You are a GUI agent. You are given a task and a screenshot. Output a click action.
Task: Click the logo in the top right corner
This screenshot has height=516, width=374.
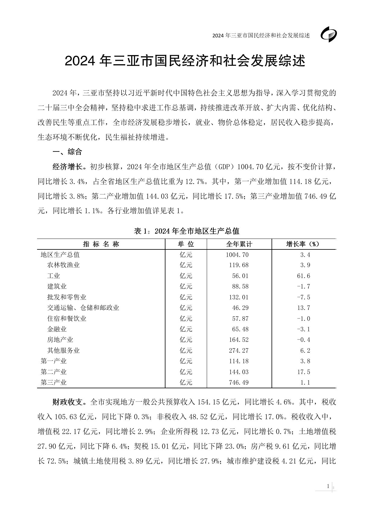328,35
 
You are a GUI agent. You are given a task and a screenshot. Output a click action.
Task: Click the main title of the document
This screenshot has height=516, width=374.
185,61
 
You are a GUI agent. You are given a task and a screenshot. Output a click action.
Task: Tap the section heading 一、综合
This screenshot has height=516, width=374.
67,152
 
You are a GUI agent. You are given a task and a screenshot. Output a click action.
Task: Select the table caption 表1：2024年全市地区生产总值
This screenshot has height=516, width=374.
187,231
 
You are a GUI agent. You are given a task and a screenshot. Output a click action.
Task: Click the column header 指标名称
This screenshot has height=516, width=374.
101,244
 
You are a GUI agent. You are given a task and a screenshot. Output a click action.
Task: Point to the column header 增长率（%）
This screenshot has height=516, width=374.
303,244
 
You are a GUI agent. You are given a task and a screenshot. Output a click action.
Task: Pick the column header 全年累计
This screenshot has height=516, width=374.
239,244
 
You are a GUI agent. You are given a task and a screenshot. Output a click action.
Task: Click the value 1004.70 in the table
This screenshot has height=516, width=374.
237,255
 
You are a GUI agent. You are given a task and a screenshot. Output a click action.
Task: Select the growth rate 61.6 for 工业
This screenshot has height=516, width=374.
303,276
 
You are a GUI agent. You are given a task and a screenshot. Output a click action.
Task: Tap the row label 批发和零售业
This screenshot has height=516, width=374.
67,297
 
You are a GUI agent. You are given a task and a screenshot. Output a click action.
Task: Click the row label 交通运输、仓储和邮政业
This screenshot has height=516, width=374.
83,308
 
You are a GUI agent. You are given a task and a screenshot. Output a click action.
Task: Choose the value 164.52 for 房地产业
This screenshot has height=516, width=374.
239,340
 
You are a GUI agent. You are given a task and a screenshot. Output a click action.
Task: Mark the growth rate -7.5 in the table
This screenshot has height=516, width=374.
303,297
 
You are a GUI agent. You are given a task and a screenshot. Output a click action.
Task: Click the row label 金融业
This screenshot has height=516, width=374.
57,329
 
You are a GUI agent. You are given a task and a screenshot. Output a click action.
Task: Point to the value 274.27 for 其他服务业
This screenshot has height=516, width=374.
239,351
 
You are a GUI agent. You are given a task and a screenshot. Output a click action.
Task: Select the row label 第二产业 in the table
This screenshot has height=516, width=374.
54,372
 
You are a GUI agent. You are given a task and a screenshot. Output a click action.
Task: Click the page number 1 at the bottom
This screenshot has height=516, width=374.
328,486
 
